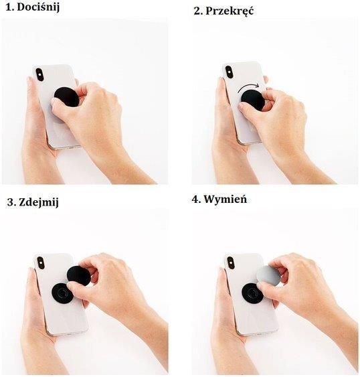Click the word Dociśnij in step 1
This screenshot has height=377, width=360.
tap(38, 7)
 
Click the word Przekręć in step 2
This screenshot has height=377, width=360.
tap(230, 11)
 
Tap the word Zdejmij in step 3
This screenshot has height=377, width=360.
tap(39, 202)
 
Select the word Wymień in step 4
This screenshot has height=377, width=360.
tap(226, 200)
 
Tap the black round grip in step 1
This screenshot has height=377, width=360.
tap(66, 96)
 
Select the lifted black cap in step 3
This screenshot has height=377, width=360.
tap(77, 275)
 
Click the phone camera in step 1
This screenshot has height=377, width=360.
tap(39, 74)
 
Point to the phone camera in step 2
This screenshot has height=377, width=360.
tap(229, 72)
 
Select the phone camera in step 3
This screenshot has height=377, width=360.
tap(40, 262)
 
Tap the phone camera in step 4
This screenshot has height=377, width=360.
tap(230, 262)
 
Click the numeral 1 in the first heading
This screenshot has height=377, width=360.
tap(9, 7)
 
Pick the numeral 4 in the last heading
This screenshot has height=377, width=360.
tap(195, 200)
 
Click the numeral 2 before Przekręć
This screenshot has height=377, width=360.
tap(197, 11)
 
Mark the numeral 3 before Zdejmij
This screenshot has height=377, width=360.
tap(11, 202)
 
